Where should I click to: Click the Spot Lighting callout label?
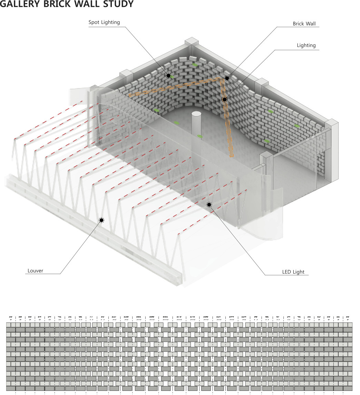[x=104, y=22]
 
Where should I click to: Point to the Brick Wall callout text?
[x=304, y=24]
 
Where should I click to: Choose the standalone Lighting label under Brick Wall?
[x=306, y=45]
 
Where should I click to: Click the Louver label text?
[x=36, y=271]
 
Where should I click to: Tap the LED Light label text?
[x=293, y=272]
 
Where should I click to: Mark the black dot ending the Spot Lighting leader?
[x=168, y=76]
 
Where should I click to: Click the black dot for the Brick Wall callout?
[x=227, y=78]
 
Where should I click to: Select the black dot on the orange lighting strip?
[x=224, y=99]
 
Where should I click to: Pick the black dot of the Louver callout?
[x=101, y=220]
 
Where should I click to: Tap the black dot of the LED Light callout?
[x=209, y=205]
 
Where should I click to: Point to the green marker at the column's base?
[x=200, y=136]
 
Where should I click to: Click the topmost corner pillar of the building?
[x=192, y=42]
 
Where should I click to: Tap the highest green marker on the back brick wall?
[x=194, y=65]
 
